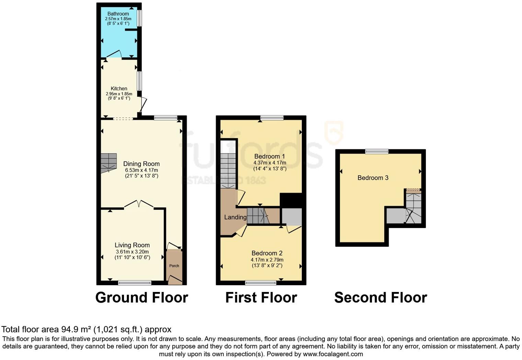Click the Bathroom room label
click(x=118, y=14)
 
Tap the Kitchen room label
click(x=119, y=88)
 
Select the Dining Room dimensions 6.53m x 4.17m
click(x=141, y=170)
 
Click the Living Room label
click(x=132, y=245)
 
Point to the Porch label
click(x=174, y=266)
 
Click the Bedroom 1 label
click(x=270, y=156)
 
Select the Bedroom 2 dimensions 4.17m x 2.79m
click(x=267, y=260)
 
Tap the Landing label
click(x=235, y=217)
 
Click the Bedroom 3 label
click(x=373, y=178)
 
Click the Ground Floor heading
click(x=141, y=297)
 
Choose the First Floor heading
click(x=261, y=297)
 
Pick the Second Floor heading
click(x=381, y=297)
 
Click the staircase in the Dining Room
click(x=109, y=162)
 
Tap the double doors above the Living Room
click(x=139, y=204)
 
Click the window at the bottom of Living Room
click(x=135, y=283)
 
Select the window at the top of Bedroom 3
click(x=377, y=151)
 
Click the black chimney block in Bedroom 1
click(x=291, y=200)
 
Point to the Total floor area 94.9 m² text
click(x=86, y=329)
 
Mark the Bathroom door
click(x=114, y=54)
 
